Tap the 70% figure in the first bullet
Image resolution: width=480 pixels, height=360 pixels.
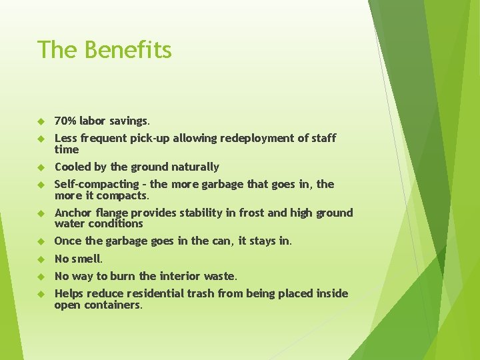tap(65, 121)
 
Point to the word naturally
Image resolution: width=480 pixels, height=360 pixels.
tap(195, 167)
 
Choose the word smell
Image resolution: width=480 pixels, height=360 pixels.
tap(87, 259)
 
